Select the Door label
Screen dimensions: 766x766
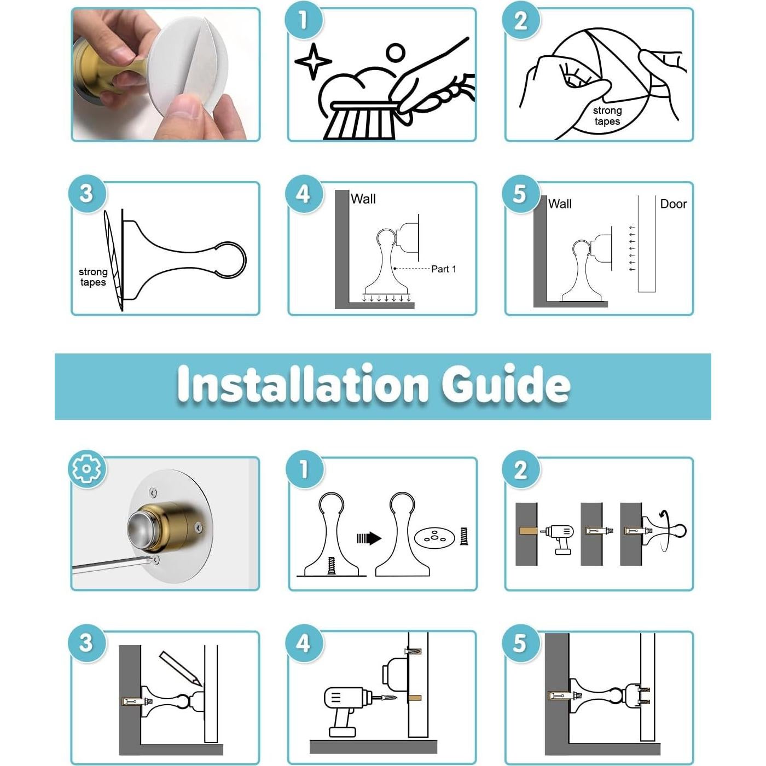674,204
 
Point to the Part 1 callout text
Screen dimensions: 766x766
444,269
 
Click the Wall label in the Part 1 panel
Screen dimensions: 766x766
363,199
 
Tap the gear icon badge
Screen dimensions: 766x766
87,469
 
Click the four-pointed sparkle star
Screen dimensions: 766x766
313,61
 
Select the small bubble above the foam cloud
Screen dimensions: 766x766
396,53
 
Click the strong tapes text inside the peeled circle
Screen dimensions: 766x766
607,116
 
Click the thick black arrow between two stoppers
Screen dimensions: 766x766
369,538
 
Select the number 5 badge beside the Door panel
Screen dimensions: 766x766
520,194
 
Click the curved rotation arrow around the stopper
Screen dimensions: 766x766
665,531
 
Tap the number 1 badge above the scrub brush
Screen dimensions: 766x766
304,19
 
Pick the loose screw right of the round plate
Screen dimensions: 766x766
464,536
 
